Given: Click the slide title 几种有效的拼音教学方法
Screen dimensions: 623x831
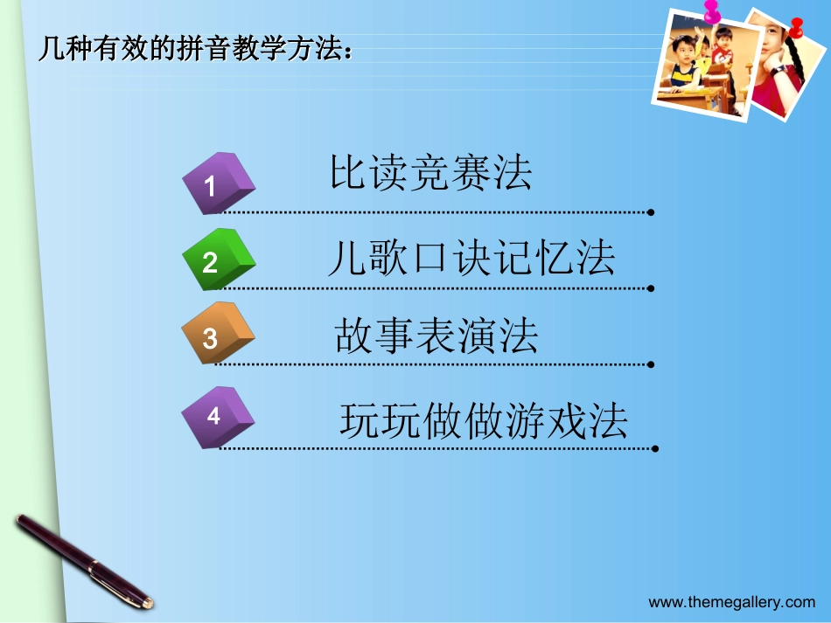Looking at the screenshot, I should coord(197,48).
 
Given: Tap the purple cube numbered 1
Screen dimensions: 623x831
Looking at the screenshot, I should coord(216,183).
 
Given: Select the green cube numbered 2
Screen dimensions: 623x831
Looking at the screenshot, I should coord(216,260).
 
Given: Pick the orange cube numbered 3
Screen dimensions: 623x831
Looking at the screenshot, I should coord(216,335).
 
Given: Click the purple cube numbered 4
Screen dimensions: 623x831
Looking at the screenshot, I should coord(216,416).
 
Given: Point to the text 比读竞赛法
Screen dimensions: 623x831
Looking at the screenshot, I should coord(430,173).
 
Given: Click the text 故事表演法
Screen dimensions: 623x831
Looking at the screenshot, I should coord(436,336).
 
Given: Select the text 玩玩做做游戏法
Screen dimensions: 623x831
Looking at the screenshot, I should coord(484,421).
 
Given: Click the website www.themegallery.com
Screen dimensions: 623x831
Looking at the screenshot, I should coord(731,601).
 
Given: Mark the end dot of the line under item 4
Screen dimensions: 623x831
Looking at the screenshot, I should coord(654,448).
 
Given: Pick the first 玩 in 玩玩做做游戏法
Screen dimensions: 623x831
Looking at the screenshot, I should coord(358,421).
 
